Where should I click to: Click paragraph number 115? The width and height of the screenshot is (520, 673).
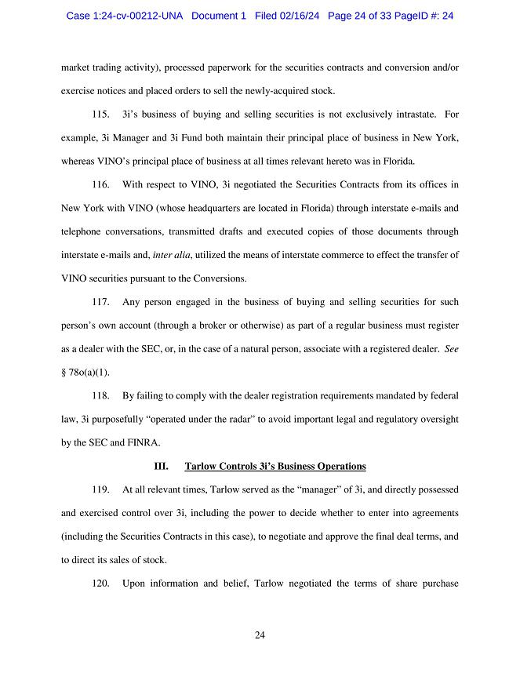[100, 115]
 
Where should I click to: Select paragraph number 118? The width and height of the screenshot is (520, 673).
[100, 395]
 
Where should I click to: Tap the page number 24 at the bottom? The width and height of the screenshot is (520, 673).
[260, 635]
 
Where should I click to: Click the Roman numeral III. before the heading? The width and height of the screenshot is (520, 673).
[161, 466]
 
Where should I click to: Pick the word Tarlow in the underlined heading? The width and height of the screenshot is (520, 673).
[200, 466]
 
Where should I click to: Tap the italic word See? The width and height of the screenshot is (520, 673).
[451, 348]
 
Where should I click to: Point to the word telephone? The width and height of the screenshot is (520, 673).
[84, 232]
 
